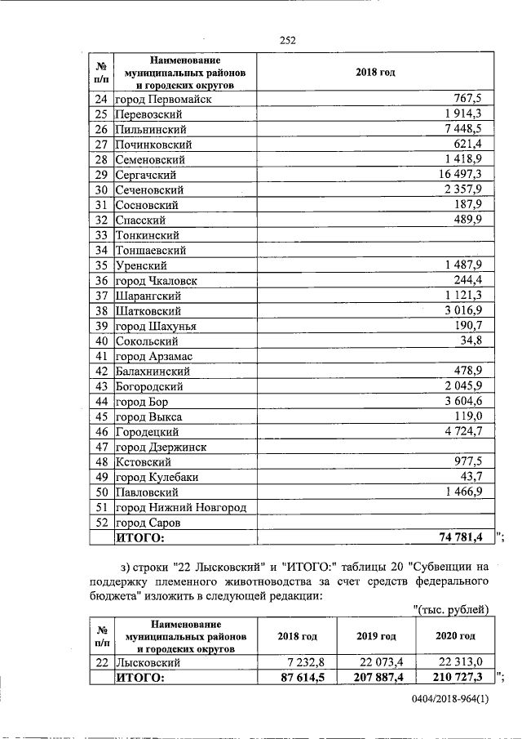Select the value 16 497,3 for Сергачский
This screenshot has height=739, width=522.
pos(465,175)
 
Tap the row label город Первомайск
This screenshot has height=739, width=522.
pos(163,100)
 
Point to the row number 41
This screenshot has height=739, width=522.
pos(102,356)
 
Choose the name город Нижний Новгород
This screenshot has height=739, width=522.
pos(180,508)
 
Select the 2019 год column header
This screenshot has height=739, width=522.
pos(376,636)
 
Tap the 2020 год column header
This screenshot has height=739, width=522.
pos(455,636)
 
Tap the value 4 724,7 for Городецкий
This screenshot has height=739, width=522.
pos(468,432)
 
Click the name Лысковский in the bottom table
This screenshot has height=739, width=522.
pos(149,663)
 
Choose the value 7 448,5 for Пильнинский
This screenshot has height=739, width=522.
pos(468,129)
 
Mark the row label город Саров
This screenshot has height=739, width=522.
pos(148,523)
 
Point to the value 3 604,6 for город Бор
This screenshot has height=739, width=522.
pos(468,402)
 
